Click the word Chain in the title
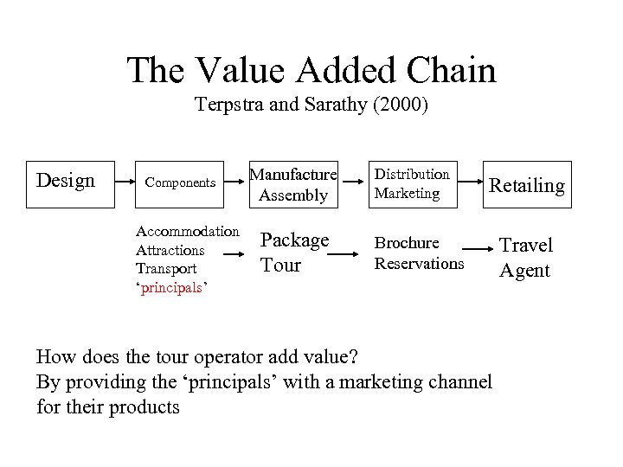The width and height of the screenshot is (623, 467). [446, 70]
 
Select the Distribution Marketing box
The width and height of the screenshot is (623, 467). [411, 184]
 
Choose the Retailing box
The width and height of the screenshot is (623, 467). [526, 185]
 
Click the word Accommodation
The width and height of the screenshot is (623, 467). [188, 232]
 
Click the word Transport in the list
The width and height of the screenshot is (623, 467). [167, 268]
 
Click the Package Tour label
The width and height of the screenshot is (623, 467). [294, 252]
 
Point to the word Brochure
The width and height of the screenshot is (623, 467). [406, 244]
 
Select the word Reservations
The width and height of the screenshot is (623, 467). [419, 263]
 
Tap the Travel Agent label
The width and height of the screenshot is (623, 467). [525, 258]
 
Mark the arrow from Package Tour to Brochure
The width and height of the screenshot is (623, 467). [344, 255]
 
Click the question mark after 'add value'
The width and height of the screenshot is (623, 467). [358, 355]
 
